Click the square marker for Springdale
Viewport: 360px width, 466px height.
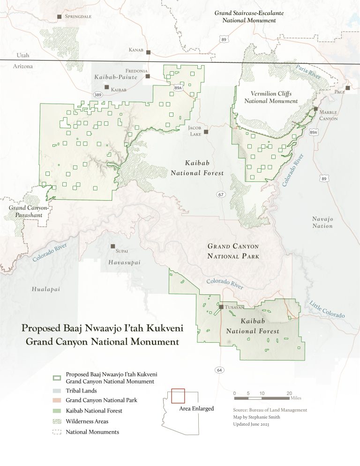pyautogui.click(x=60, y=16)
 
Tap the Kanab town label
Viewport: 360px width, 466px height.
pyautogui.click(x=136, y=50)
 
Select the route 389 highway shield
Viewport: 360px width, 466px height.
pyautogui.click(x=98, y=95)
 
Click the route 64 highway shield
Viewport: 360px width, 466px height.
pyautogui.click(x=220, y=370)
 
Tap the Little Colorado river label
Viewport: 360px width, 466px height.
pyautogui.click(x=327, y=310)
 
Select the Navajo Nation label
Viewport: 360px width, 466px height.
pyautogui.click(x=322, y=222)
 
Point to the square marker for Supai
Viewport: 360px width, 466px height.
pyautogui.click(x=112, y=246)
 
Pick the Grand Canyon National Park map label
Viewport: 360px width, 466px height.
pyautogui.click(x=233, y=251)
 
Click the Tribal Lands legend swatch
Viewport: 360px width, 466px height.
pyautogui.click(x=57, y=391)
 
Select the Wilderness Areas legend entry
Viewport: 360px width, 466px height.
pyautogui.click(x=87, y=421)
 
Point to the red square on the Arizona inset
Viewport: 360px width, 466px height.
pyautogui.click(x=178, y=396)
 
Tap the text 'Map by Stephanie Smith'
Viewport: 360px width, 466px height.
pyautogui.click(x=259, y=417)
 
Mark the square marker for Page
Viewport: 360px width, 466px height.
pyautogui.click(x=348, y=88)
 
